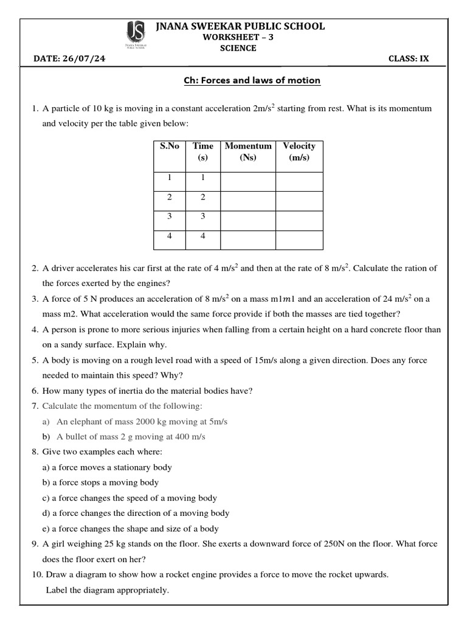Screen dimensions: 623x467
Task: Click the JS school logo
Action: tap(134, 35)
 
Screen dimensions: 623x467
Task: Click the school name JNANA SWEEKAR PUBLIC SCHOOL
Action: tap(240, 26)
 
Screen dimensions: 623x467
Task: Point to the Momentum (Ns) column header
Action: tap(248, 151)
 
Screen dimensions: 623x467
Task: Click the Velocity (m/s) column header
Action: tap(299, 151)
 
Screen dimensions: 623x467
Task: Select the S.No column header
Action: tap(170, 146)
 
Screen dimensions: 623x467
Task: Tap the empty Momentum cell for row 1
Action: tap(248, 181)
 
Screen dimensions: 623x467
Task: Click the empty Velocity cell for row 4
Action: tap(299, 240)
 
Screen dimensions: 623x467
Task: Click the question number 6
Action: tap(35, 391)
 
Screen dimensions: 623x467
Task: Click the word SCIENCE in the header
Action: tap(238, 49)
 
